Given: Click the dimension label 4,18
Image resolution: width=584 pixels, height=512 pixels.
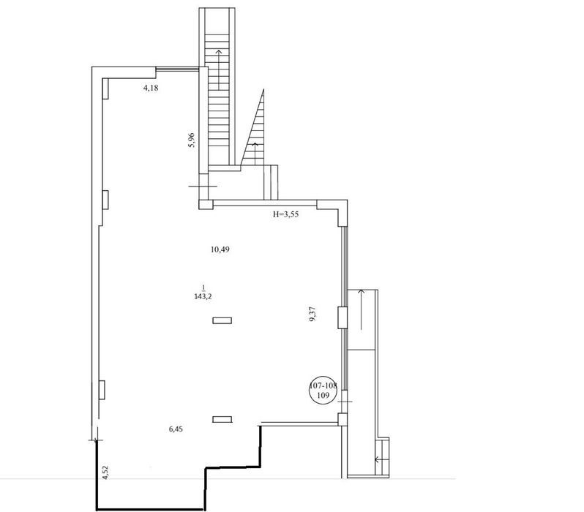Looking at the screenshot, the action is click(x=151, y=89).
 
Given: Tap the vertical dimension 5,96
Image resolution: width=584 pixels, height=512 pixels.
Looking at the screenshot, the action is click(x=192, y=140).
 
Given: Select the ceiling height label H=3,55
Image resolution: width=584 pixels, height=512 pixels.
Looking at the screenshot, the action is click(x=286, y=214).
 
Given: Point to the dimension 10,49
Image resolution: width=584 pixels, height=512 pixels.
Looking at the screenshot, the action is click(x=220, y=249).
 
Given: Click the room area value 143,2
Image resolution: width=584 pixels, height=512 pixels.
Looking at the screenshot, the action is click(x=203, y=297).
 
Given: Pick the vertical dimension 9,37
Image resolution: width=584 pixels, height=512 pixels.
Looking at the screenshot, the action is click(x=313, y=314).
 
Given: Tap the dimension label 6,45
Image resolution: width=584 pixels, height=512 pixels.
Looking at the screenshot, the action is click(x=176, y=429).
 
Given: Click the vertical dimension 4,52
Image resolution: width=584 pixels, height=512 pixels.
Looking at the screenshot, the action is click(x=105, y=473).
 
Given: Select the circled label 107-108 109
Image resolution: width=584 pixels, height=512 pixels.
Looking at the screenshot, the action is click(x=323, y=391).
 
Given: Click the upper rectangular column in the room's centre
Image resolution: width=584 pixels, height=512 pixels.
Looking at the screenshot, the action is click(x=222, y=320).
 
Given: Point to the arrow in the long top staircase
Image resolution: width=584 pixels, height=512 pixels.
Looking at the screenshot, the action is click(x=218, y=69).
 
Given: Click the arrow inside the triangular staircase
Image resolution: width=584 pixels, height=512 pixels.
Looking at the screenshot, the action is click(x=255, y=154).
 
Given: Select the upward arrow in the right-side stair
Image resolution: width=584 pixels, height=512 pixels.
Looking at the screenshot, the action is click(x=361, y=309).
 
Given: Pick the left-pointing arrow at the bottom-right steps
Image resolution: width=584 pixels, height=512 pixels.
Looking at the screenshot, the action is click(x=382, y=459).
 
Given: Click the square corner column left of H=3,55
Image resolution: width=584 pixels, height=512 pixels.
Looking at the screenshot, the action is click(x=206, y=205).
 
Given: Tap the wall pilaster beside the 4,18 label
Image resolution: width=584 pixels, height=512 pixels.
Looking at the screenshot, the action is click(x=105, y=89).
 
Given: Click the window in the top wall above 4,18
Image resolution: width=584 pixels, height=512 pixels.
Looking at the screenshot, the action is click(x=177, y=68).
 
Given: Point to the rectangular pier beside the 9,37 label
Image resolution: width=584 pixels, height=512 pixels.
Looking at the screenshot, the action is click(x=342, y=317).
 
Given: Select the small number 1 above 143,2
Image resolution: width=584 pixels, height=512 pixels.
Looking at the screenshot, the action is click(x=203, y=287).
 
